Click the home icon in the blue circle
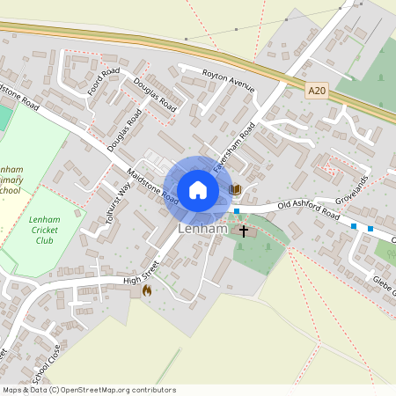(198, 189)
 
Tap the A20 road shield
(318, 90)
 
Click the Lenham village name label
(202, 229)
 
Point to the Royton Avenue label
(228, 80)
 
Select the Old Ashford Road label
(308, 209)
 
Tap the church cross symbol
(244, 231)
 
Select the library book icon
(235, 189)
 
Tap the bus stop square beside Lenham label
(237, 211)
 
